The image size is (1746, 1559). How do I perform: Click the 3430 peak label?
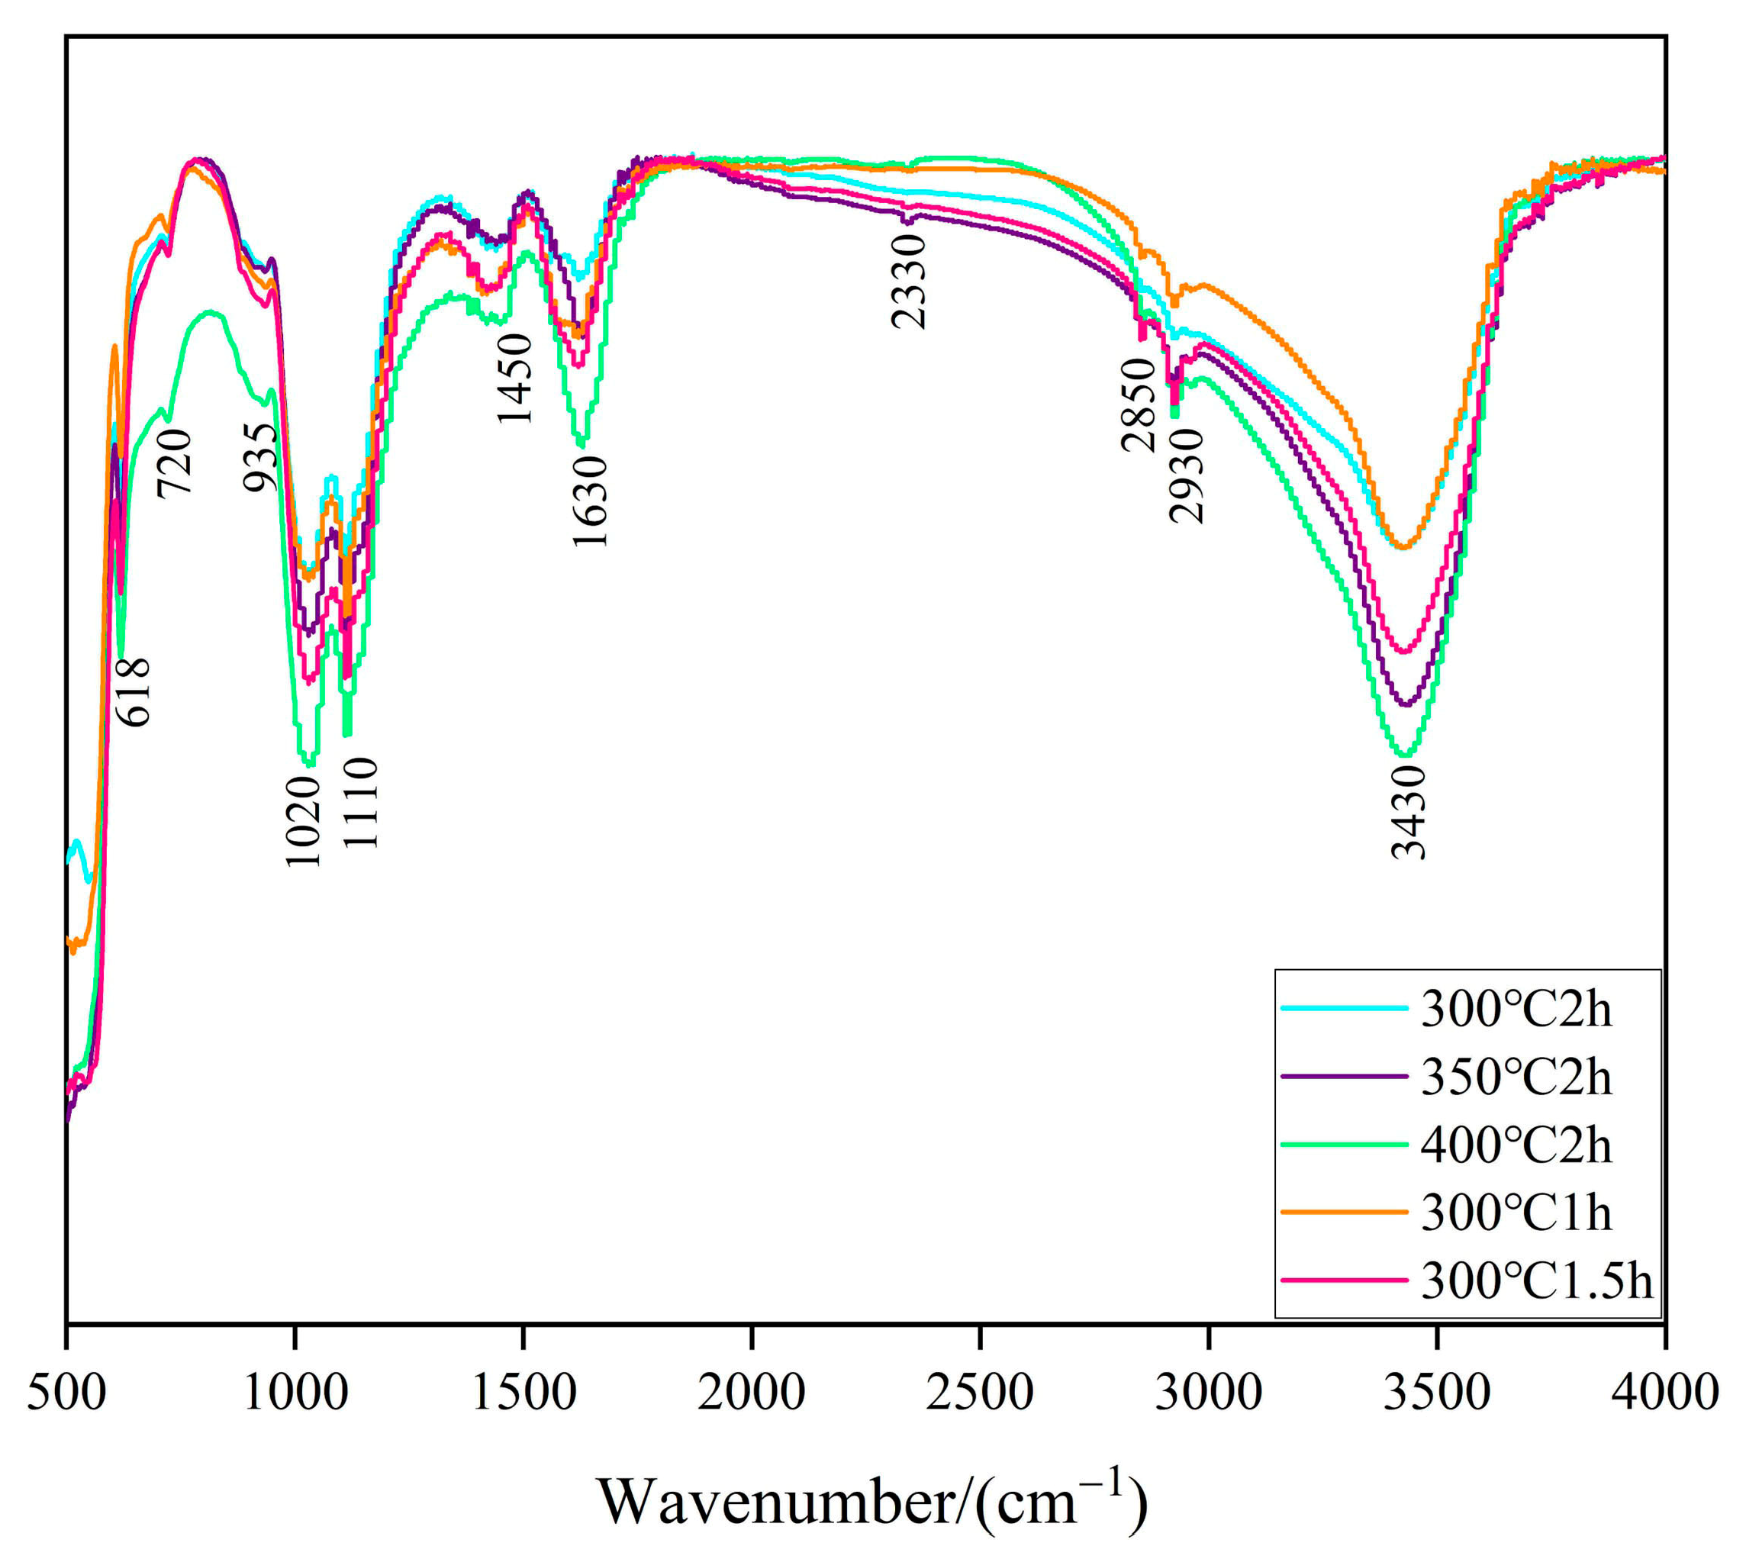[1408, 811]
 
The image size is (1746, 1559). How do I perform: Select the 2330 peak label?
[908, 282]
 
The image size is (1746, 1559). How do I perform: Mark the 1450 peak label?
[515, 378]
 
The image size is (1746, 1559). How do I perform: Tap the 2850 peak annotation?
[1139, 405]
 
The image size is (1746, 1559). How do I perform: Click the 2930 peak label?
[1187, 476]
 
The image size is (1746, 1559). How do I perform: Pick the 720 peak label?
[175, 463]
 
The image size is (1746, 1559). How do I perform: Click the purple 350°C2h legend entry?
[1516, 1077]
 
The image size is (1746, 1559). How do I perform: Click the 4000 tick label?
[1664, 1393]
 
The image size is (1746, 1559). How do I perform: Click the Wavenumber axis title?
[871, 1501]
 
